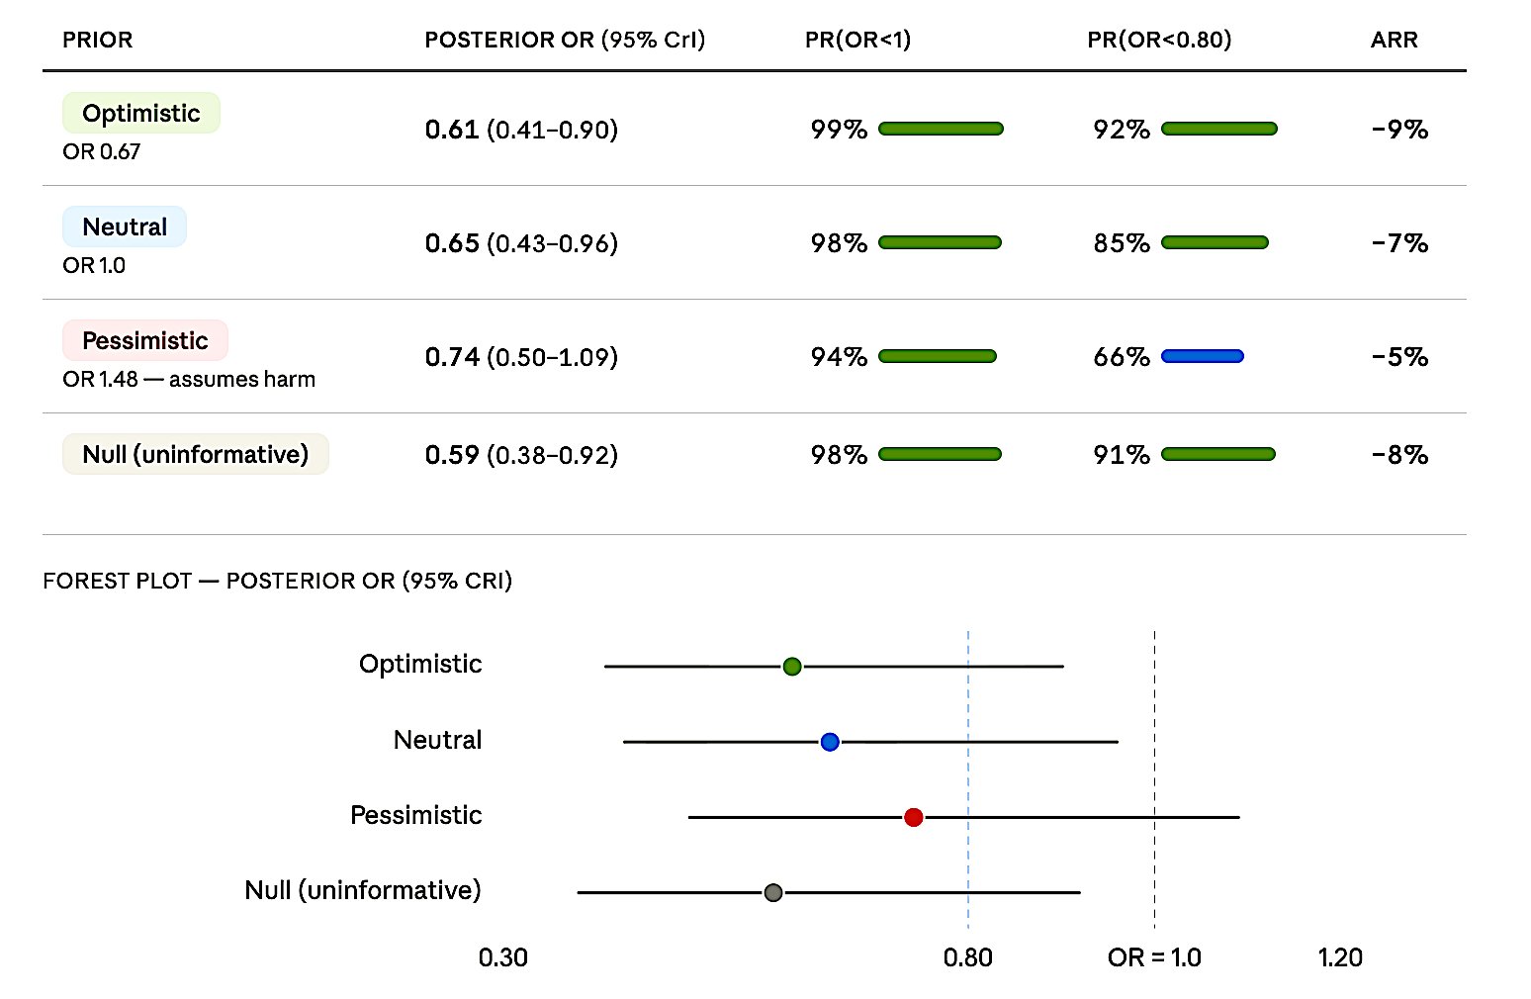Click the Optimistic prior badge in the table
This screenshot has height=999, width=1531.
(x=140, y=114)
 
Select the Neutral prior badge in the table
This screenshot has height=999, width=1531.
(x=125, y=227)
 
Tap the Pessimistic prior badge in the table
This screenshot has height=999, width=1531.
(x=144, y=341)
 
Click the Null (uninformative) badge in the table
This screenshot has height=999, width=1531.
(x=195, y=455)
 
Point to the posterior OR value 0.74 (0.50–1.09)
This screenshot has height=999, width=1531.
(x=521, y=357)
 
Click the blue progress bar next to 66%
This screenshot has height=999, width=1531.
(x=1202, y=356)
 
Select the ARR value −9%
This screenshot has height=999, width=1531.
(x=1399, y=130)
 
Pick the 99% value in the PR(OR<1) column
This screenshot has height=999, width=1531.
(x=839, y=130)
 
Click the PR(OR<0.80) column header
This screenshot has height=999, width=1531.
(x=1159, y=40)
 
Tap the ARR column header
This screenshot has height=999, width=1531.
(x=1394, y=40)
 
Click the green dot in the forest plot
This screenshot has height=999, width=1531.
(x=792, y=667)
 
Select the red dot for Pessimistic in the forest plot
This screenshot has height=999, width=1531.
(x=914, y=817)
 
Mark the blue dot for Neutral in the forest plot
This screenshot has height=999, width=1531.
(x=830, y=742)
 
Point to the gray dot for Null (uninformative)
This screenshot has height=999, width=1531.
(x=773, y=893)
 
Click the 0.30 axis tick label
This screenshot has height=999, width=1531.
(x=503, y=957)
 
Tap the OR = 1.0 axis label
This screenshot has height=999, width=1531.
(x=1154, y=957)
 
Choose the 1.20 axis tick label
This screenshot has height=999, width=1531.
(x=1340, y=957)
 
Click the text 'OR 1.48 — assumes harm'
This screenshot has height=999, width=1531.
(x=189, y=380)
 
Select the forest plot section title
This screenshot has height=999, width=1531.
(x=277, y=581)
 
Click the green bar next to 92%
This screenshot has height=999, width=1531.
(x=1218, y=129)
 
